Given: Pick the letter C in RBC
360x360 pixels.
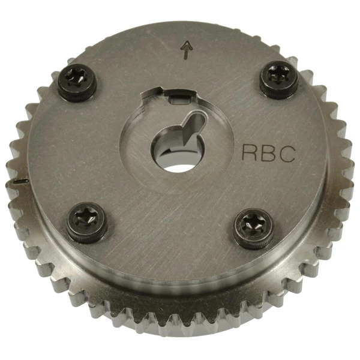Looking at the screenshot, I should point(287,152).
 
